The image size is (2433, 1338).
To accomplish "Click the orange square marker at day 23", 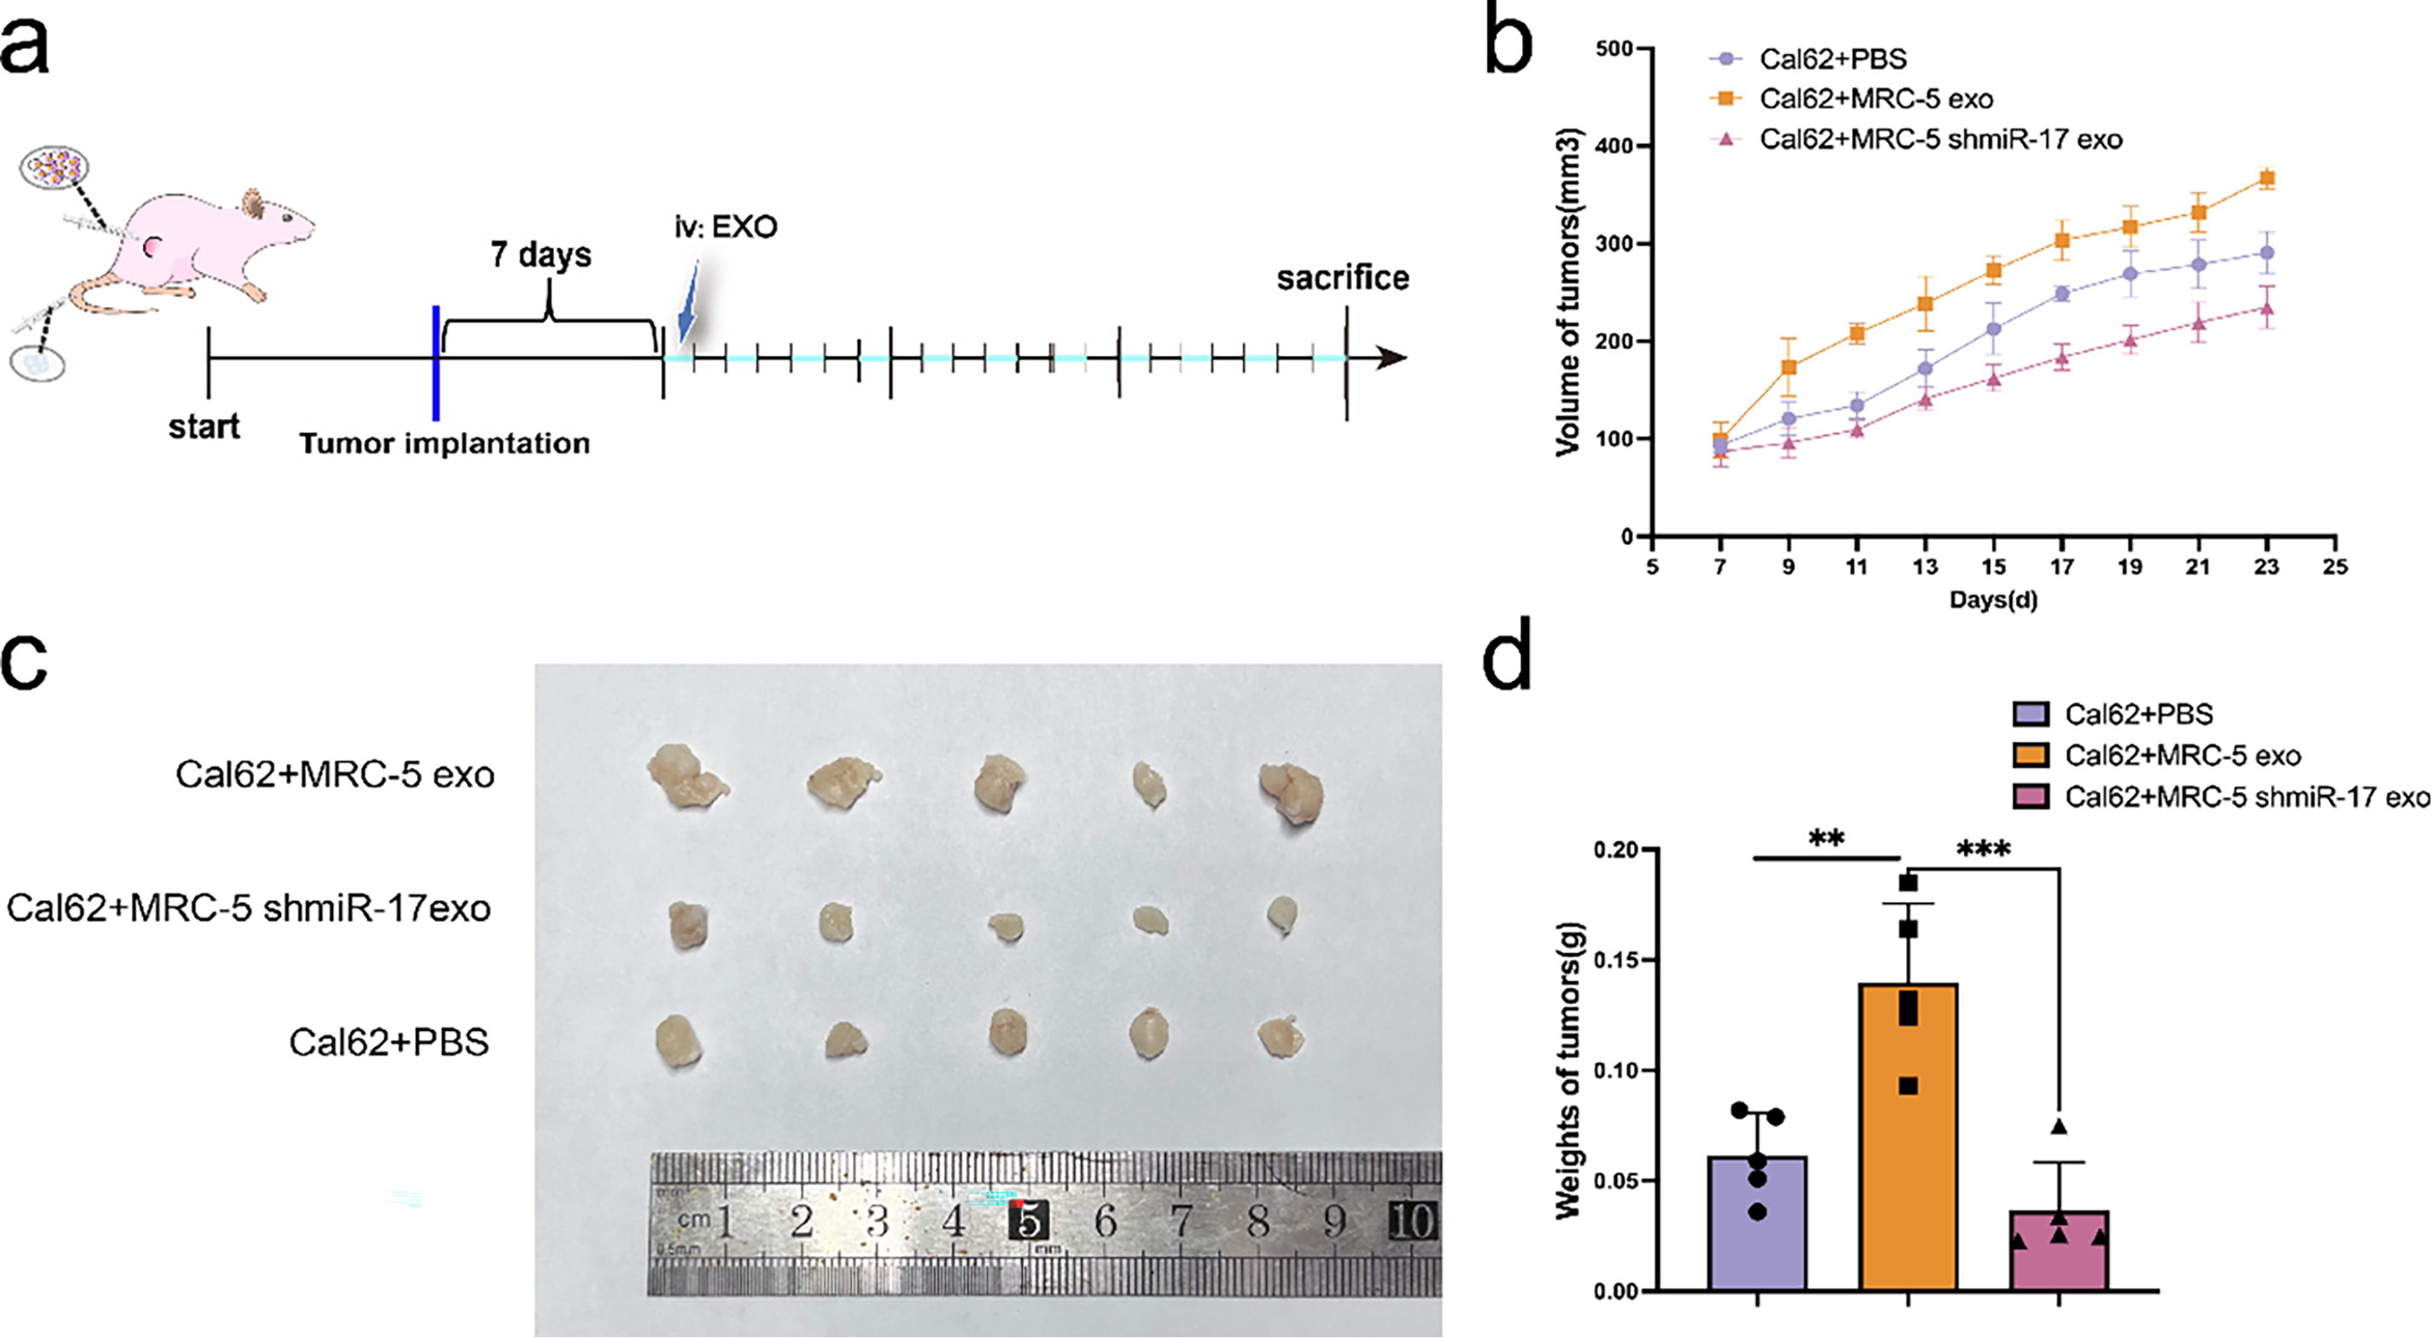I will [x=2266, y=178].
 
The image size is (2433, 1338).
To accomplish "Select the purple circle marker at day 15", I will [x=1992, y=329].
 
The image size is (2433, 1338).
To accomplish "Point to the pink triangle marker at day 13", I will [x=1925, y=399].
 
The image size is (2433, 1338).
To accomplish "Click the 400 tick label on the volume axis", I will [x=1613, y=147].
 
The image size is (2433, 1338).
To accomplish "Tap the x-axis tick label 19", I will [x=2130, y=567].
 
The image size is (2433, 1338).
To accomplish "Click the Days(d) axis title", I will [x=1992, y=600].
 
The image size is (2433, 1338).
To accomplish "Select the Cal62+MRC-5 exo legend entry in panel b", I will [x=1875, y=99].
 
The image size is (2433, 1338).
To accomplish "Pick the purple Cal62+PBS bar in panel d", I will [x=1757, y=1223].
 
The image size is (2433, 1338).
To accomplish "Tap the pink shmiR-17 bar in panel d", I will [x=2059, y=1251].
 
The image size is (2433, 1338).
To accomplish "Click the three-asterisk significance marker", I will [x=1982, y=850].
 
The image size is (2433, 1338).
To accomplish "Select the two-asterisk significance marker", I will [x=1827, y=839].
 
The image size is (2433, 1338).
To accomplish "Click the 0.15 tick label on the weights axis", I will [x=1614, y=960].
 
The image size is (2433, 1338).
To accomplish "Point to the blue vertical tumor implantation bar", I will [x=435, y=363].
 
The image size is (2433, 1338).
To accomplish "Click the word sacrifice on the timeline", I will [x=1342, y=277].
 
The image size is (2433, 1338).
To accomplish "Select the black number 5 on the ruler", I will [x=1029, y=1221].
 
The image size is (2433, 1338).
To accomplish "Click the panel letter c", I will [x=26, y=661].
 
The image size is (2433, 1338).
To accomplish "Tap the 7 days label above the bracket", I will [x=540, y=255].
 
